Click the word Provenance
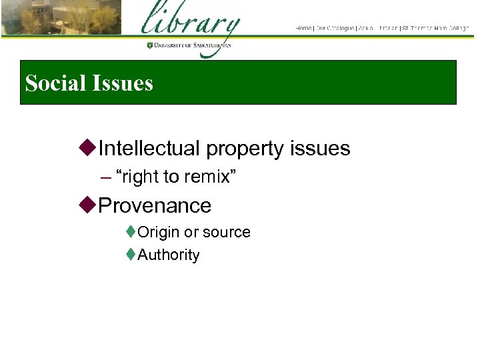click(154, 205)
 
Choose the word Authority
click(168, 255)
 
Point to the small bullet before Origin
click(131, 232)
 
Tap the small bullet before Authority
click(131, 254)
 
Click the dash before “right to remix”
click(105, 177)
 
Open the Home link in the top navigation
click(303, 28)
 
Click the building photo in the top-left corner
click(61, 17)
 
